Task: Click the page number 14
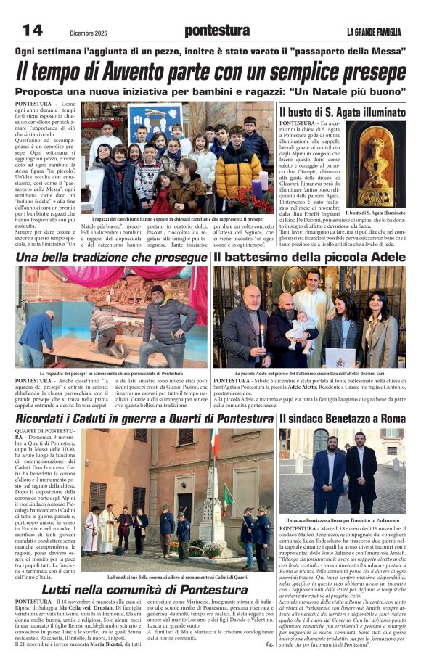coord(33,30)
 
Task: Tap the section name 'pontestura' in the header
coord(216,30)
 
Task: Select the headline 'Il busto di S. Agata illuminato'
coord(342,112)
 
